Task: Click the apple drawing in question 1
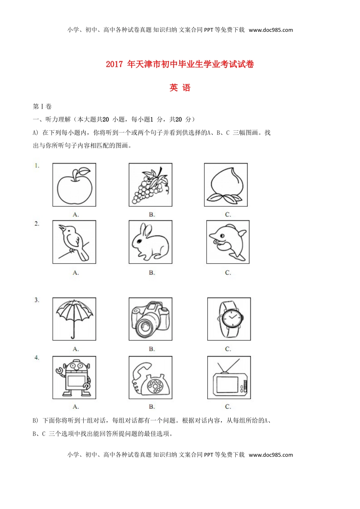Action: tap(74, 186)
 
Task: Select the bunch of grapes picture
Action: tap(150, 186)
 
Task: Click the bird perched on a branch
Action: tap(74, 242)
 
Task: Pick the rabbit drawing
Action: tap(150, 242)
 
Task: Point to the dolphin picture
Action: tap(228, 242)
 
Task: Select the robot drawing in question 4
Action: tap(74, 378)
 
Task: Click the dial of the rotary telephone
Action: tap(155, 386)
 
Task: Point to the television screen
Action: tap(227, 384)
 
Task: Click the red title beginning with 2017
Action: tap(180, 64)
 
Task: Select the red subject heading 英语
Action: tap(180, 88)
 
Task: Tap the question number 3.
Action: tap(37, 300)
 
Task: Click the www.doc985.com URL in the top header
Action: tap(271, 30)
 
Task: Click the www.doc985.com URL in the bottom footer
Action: tap(271, 455)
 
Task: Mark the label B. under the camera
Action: tap(152, 349)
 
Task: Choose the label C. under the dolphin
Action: tap(228, 273)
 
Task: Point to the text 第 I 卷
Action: tap(42, 106)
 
